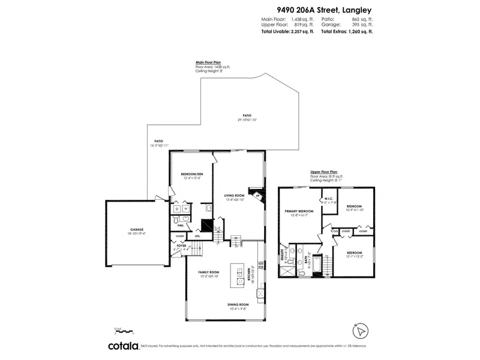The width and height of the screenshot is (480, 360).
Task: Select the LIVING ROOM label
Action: [234, 196]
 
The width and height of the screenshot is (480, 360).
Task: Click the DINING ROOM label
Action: [238, 304]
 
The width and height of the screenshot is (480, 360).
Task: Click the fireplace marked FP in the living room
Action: [257, 196]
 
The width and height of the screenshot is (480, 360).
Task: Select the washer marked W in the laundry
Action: [186, 209]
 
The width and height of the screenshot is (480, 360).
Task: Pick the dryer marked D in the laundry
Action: [177, 209]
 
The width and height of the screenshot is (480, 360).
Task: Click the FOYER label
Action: [181, 245]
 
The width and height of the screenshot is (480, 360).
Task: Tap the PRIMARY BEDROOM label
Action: [299, 211]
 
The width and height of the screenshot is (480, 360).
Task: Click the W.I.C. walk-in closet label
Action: [329, 199]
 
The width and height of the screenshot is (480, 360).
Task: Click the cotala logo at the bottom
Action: [123, 346]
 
